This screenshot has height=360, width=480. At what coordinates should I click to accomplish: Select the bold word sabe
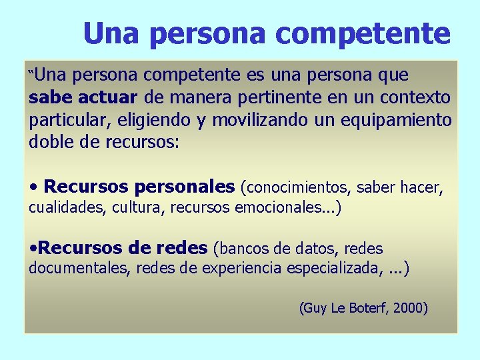[51, 98]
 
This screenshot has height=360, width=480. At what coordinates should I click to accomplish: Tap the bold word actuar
[107, 98]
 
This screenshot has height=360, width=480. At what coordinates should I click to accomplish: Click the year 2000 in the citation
[409, 308]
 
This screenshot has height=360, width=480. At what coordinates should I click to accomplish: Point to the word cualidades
[65, 207]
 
